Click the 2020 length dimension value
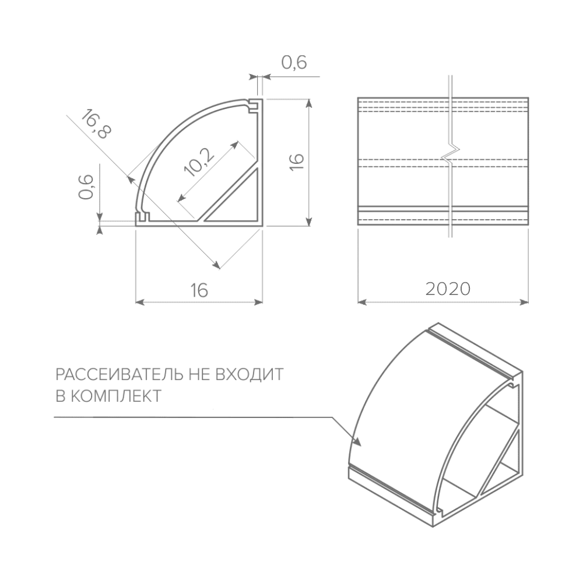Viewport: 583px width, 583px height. click(x=448, y=289)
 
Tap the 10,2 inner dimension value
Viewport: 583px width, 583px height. click(x=199, y=161)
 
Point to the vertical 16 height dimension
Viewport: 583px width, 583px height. click(x=297, y=161)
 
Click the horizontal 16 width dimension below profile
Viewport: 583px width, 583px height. click(x=199, y=290)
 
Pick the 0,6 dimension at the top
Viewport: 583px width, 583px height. click(x=294, y=62)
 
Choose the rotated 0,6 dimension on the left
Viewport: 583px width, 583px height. click(x=86, y=187)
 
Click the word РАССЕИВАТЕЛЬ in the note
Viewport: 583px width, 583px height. click(x=119, y=374)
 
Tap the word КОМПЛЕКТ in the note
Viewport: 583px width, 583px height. click(x=116, y=396)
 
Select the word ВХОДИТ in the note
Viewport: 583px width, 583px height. click(x=250, y=374)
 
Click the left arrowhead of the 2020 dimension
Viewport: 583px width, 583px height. click(x=362, y=302)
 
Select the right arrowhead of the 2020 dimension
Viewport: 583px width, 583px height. click(x=524, y=302)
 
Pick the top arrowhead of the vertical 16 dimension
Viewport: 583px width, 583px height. click(x=308, y=104)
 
